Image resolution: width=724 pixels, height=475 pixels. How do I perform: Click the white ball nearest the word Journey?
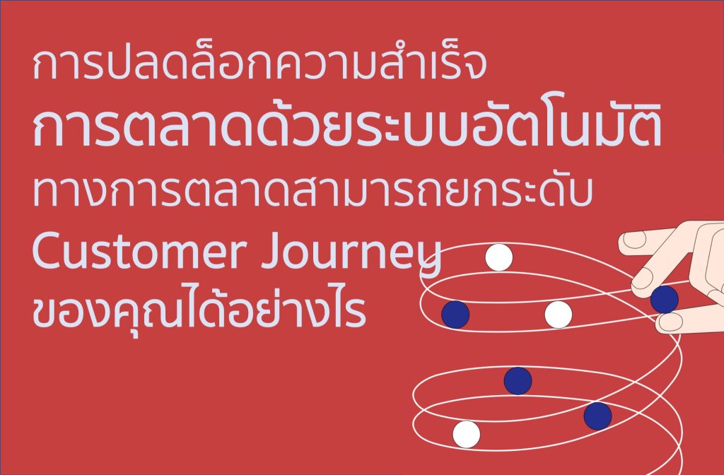(498, 257)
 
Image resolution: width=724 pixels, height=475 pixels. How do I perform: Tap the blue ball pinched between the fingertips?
(664, 299)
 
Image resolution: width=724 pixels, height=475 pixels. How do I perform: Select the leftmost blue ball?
(455, 314)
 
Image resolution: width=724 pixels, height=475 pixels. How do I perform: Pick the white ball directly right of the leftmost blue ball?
(558, 314)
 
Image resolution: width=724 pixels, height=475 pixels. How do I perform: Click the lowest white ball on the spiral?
(467, 434)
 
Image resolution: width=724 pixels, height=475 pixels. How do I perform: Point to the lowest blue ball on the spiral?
(597, 416)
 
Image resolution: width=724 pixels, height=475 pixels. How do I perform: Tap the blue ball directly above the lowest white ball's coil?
(518, 380)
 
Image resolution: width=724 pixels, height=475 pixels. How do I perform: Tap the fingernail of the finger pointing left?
(633, 240)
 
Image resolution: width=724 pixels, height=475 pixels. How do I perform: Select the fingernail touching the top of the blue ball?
(644, 279)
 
